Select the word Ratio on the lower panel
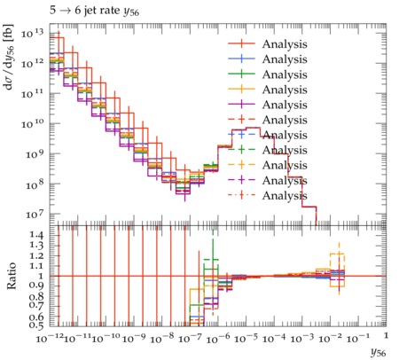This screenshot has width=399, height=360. click(x=11, y=276)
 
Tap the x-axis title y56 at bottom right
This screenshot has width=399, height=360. click(x=379, y=352)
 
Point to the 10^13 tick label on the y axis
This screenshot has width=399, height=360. click(x=32, y=33)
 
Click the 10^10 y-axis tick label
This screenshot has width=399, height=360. click(x=32, y=124)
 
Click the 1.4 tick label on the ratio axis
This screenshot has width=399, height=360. click(x=36, y=236)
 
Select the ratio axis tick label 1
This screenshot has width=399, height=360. click(x=42, y=276)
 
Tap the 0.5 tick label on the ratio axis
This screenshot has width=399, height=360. click(x=36, y=325)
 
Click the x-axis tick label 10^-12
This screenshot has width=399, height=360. click(x=49, y=339)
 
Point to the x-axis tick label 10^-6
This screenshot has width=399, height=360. click(x=218, y=339)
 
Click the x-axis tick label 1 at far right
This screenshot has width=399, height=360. click(x=386, y=336)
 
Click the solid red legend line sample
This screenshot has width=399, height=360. click(x=241, y=43)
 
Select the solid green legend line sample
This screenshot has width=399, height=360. click(x=241, y=74)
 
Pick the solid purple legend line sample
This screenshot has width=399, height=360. click(x=241, y=104)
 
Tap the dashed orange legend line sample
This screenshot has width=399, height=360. click(x=241, y=165)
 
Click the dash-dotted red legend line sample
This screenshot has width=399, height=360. click(x=241, y=195)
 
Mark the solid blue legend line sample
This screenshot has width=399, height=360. click(x=241, y=59)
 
